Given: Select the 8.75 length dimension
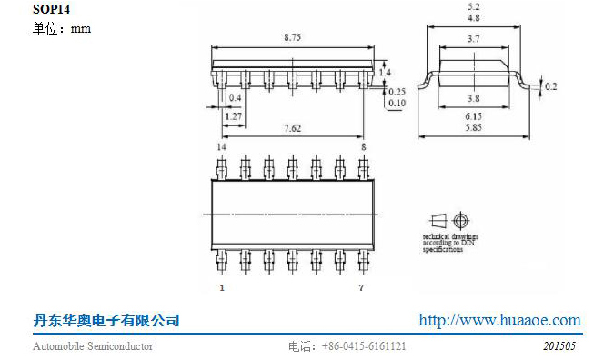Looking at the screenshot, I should click(x=293, y=37).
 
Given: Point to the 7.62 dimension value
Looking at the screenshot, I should click(x=292, y=128).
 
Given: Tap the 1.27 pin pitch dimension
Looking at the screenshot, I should click(x=234, y=116).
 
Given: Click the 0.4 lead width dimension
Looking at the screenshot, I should click(x=235, y=97).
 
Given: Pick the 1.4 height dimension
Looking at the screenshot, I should click(x=385, y=72).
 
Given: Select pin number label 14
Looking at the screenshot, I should click(x=221, y=146).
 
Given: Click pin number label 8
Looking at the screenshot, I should click(x=364, y=146).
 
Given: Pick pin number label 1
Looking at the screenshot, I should click(x=221, y=287).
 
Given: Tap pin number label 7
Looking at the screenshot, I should click(x=361, y=287).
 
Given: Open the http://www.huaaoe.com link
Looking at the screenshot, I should click(x=499, y=320).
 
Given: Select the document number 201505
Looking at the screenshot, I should click(x=559, y=346).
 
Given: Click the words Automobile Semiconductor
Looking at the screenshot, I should click(x=93, y=346).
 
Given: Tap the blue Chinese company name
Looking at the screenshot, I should click(x=106, y=320).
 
